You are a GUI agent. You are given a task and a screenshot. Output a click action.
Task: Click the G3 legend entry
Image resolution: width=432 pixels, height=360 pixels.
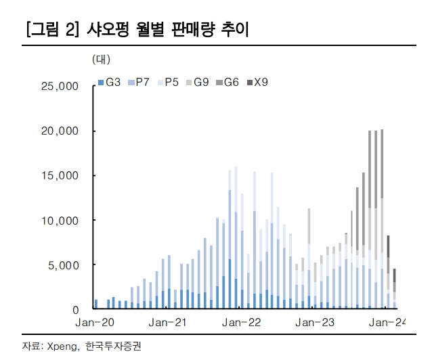click(110, 83)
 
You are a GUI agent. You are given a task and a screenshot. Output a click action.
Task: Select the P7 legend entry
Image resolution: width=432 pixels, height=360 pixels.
click(139, 83)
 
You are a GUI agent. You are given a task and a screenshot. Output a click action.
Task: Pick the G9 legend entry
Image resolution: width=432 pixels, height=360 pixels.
click(198, 83)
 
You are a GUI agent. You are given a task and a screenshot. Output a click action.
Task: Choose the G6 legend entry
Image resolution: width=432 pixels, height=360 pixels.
click(228, 83)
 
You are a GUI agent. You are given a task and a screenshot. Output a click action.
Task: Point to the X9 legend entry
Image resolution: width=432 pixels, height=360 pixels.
click(257, 83)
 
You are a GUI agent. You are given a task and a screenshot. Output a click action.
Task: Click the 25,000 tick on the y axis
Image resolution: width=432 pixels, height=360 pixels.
click(60, 87)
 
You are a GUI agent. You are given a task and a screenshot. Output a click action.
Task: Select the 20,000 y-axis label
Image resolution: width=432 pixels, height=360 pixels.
click(60, 131)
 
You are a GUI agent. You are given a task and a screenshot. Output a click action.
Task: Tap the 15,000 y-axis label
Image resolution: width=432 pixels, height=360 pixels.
click(60, 176)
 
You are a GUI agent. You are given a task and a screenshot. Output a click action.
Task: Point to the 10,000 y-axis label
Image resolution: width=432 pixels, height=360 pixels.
click(60, 221)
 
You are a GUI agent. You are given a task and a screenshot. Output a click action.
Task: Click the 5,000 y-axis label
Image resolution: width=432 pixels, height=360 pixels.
click(63, 265)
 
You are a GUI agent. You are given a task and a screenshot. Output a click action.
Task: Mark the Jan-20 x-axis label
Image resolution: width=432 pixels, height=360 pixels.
click(96, 323)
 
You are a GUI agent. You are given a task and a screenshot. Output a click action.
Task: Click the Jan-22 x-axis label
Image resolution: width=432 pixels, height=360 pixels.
click(242, 323)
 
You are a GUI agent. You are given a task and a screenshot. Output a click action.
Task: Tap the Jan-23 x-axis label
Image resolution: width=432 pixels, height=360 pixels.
click(315, 323)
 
